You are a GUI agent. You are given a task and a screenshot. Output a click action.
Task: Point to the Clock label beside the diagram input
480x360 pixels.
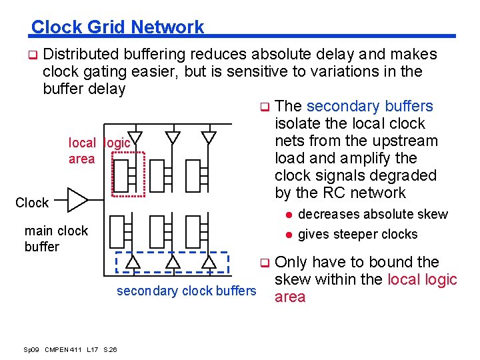point(32,203)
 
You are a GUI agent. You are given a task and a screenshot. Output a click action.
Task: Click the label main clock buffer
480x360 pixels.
point(56,238)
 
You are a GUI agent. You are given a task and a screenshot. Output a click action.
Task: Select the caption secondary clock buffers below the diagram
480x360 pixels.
point(186,291)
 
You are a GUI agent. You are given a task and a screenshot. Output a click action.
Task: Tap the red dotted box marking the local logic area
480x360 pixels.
point(129,175)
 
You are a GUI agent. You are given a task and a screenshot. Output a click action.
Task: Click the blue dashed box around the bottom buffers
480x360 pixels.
point(172,262)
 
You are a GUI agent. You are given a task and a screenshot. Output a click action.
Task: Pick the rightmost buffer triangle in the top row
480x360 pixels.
point(209,137)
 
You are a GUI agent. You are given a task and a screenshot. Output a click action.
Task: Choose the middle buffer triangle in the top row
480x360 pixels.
point(173,137)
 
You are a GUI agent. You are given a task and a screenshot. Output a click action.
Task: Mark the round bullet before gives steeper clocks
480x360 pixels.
point(289,234)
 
